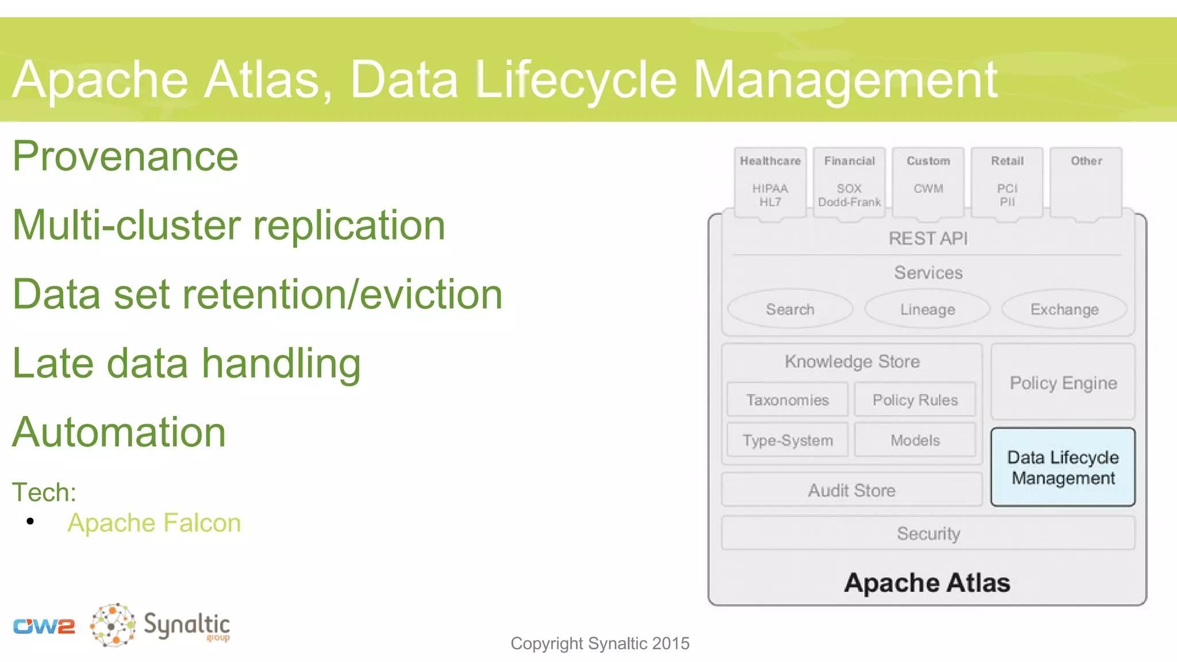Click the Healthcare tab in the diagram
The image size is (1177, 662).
[770, 182]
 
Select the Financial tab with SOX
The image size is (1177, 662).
[849, 182]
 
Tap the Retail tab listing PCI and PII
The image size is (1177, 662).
[1007, 182]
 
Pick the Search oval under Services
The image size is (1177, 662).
[790, 309]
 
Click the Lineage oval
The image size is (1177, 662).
[927, 309]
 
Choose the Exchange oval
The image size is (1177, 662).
[1064, 309]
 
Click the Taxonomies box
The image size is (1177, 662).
[787, 399]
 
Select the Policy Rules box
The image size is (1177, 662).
[915, 399]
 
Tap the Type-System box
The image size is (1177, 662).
[787, 440]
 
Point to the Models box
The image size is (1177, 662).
[915, 440]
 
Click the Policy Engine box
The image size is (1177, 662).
[1063, 383]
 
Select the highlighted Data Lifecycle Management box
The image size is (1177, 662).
[1063, 467]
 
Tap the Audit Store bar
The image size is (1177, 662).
[852, 490]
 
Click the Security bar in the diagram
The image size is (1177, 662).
[928, 533]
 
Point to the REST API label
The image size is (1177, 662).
[928, 238]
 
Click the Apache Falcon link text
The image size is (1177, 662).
[154, 523]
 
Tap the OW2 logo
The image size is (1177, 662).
[44, 626]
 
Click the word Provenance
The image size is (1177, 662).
[125, 156]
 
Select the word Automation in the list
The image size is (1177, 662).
[119, 432]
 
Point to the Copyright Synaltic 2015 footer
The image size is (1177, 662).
[600, 643]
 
